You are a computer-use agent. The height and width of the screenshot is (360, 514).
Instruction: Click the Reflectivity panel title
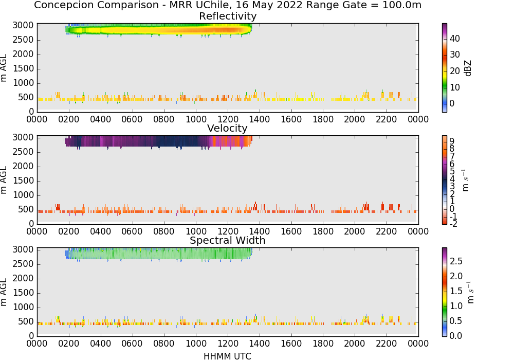pos(228,16)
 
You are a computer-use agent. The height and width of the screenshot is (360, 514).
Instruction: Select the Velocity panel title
pos(227,128)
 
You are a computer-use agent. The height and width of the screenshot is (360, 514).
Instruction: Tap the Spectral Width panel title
pos(228,240)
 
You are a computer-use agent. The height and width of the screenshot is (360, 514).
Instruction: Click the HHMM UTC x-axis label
pos(227,356)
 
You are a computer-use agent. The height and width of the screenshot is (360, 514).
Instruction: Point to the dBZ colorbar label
pos(468,68)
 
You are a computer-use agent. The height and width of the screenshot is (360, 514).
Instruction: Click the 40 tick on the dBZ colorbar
pos(455,39)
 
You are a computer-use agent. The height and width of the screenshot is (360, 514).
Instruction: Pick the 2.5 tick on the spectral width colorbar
pos(456,261)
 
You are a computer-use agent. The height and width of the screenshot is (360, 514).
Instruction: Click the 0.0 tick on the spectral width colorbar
pos(456,336)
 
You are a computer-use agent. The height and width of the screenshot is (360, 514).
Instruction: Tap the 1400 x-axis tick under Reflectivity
pos(260,119)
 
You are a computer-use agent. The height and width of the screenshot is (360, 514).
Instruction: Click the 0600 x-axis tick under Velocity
pos(132,231)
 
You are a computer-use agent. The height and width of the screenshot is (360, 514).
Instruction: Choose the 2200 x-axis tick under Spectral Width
pos(387,344)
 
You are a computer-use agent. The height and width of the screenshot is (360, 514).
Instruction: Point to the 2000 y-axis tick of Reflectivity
pos(23,55)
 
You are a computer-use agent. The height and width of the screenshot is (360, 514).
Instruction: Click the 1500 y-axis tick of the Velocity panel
pos(23,181)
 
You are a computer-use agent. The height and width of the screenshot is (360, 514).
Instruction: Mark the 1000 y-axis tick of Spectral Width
pos(23,308)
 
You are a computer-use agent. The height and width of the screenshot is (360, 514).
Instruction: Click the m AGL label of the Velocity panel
pos(4,181)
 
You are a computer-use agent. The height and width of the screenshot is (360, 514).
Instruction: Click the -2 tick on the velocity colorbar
pos(453,224)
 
